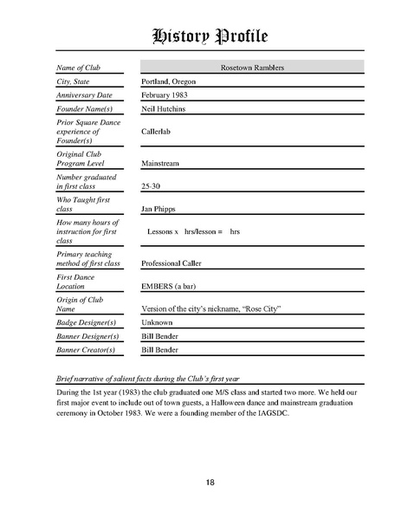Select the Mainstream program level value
161,162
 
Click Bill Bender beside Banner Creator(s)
161,350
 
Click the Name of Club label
79,68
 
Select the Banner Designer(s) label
86,336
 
